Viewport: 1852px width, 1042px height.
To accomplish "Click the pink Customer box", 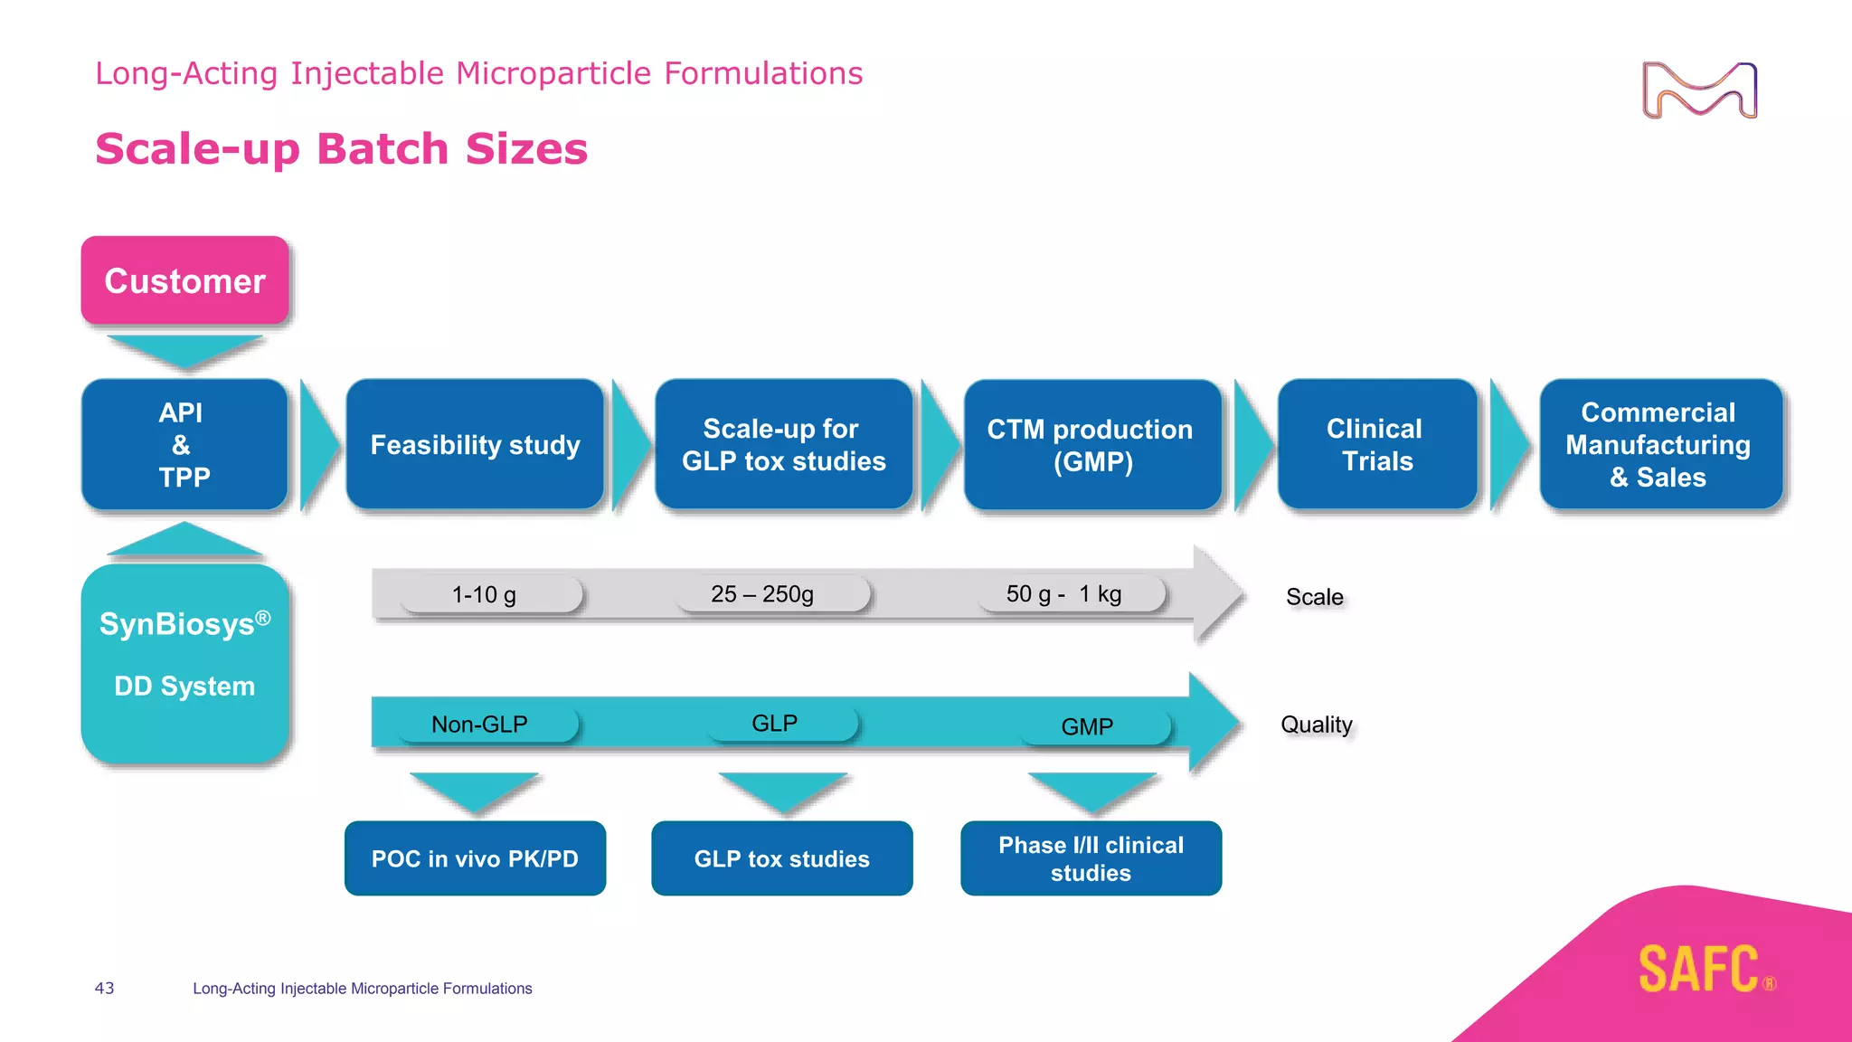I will (184, 280).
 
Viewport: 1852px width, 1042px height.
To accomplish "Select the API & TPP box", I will (184, 444).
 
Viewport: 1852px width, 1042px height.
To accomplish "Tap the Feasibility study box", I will (475, 444).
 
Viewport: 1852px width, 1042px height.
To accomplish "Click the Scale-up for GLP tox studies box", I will (783, 444).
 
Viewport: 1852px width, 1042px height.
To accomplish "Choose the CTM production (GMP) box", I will (1091, 444).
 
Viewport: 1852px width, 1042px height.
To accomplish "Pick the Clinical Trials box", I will (1375, 444).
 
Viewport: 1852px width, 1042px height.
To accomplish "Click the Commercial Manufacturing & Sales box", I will (1659, 444).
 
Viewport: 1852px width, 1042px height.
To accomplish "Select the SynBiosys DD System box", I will (184, 662).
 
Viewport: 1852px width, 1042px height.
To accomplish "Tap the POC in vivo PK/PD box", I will (475, 858).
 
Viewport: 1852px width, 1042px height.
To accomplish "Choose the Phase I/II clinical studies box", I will (1091, 858).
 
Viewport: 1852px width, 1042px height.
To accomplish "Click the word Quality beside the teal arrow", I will (1316, 725).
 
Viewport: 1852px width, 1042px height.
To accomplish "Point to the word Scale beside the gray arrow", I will (1314, 597).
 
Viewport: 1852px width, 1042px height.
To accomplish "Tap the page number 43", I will (104, 988).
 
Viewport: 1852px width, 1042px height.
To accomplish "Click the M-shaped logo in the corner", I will (1699, 90).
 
